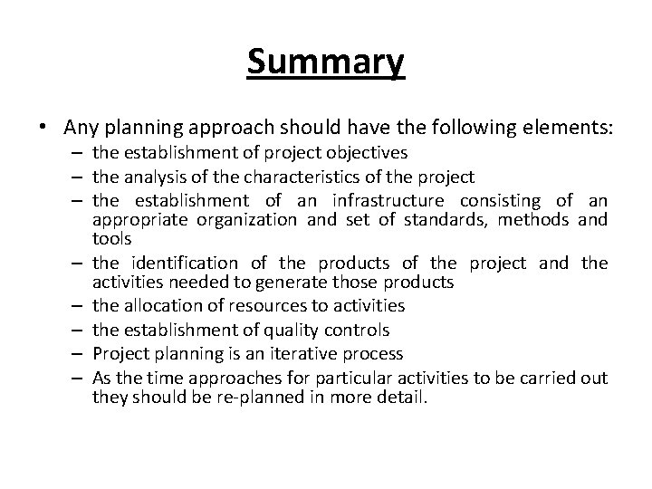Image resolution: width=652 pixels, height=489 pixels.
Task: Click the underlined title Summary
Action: point(326,62)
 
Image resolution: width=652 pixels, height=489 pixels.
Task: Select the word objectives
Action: point(367,153)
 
